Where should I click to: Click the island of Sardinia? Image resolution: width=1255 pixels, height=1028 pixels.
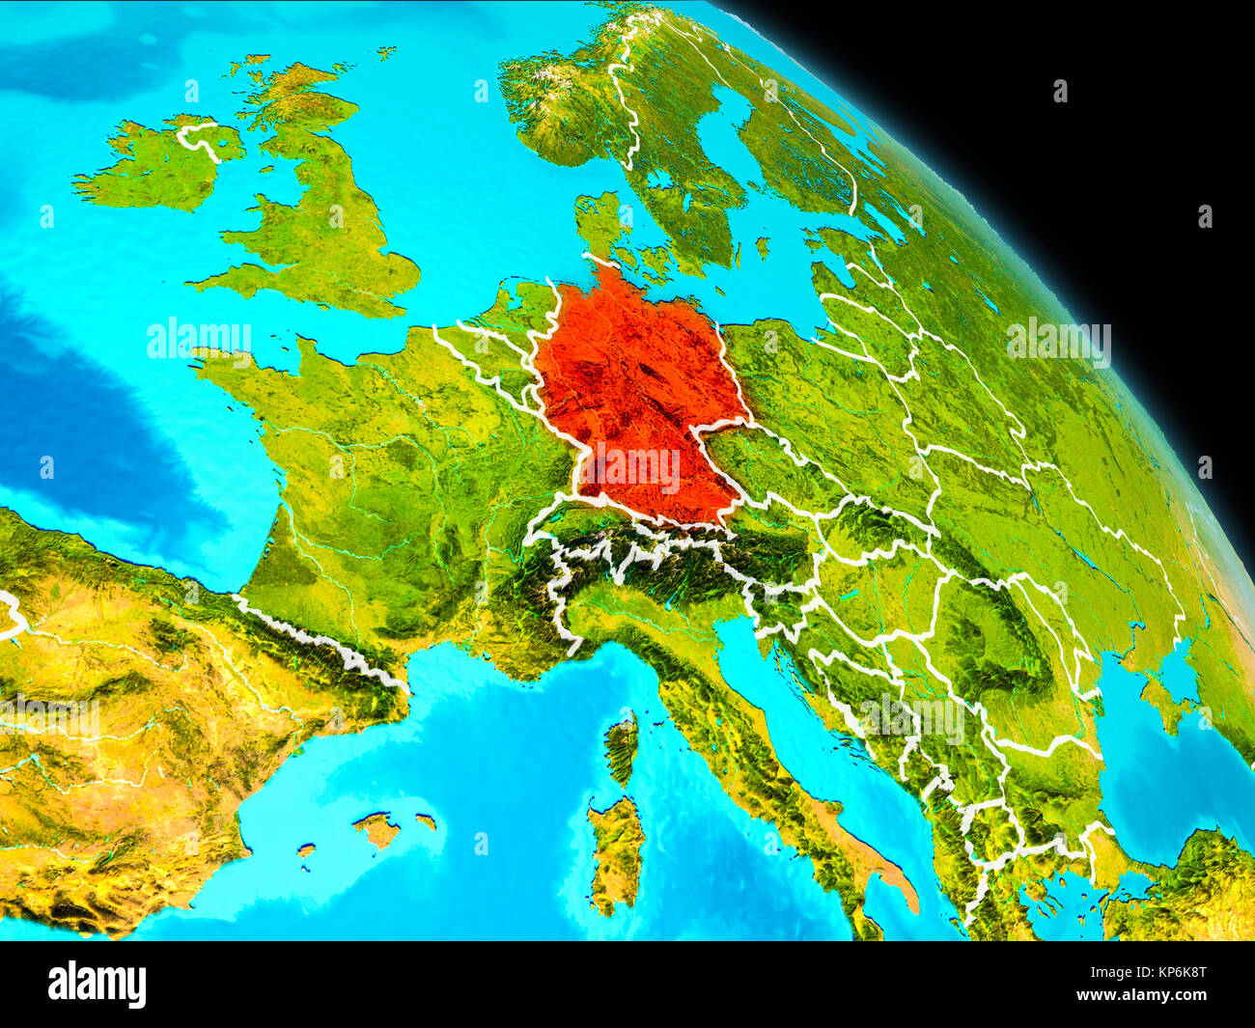point(615,849)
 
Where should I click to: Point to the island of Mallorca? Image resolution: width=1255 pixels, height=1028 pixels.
point(376,828)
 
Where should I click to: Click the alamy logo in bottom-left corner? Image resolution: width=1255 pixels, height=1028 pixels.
point(97,985)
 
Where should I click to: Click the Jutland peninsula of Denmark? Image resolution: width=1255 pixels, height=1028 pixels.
point(599,227)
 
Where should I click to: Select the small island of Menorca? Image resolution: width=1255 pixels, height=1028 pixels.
point(426,821)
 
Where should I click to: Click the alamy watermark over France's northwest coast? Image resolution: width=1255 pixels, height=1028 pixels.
point(199,339)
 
